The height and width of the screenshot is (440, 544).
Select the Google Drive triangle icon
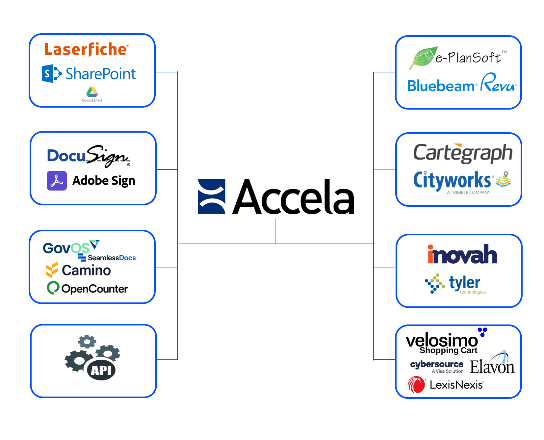coord(92,92)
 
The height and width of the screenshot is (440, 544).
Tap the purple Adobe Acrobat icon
coord(57,181)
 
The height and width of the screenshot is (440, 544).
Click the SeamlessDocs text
coord(111,258)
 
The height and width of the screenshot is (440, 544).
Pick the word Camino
coord(86,271)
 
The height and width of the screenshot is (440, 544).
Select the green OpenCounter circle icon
coord(53,288)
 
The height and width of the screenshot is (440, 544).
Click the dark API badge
coord(101,370)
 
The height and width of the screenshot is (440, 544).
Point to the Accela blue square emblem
coord(211,196)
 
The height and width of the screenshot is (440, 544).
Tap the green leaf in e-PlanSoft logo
coord(423,58)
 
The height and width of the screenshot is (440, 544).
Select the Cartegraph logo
coord(463,153)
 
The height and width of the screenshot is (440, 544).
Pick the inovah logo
coord(462,254)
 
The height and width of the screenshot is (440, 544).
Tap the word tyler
coord(464,283)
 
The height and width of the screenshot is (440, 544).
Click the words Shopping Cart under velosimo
coord(448,350)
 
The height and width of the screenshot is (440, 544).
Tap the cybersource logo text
coord(436,364)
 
